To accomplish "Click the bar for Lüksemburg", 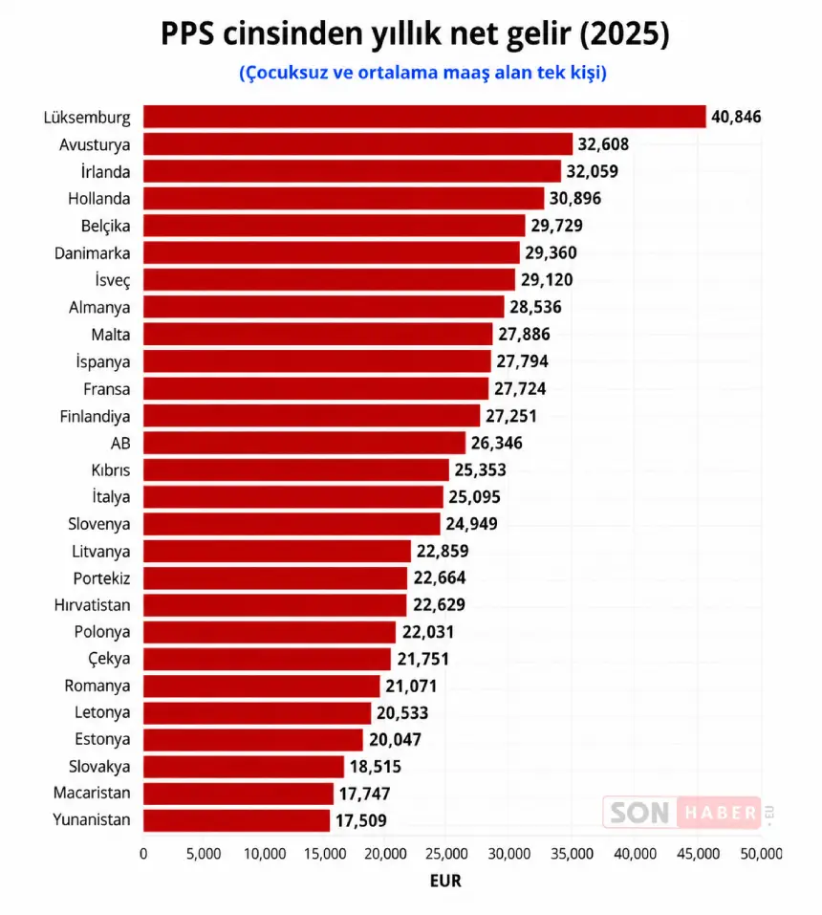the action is point(424,117).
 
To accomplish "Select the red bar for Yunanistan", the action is point(236,820).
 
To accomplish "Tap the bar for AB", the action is point(304,443).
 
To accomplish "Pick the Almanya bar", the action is point(323,307).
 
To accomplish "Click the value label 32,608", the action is point(603,144).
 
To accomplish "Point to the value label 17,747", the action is point(364,794).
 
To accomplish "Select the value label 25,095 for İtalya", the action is point(474,497).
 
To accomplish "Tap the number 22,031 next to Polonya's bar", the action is point(427,632).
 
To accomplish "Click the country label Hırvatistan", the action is point(92,605).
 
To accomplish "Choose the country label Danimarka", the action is point(92,253).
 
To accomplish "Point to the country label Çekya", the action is point(109,660).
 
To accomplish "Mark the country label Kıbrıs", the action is point(111,470).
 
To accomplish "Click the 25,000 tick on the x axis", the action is point(446,854).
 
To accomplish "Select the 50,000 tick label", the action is point(762,854).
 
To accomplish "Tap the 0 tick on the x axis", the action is point(143,854).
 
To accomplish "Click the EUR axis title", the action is point(445,882).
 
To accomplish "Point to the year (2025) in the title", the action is point(624,33).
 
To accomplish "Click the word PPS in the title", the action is point(188,33).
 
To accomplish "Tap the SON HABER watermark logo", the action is point(682,813).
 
